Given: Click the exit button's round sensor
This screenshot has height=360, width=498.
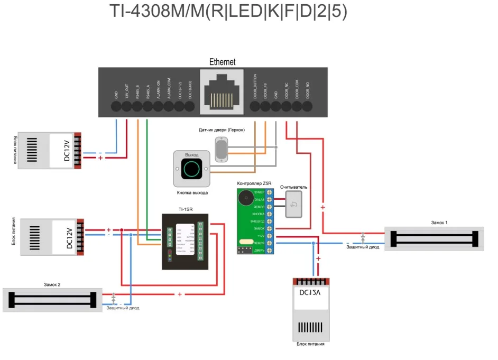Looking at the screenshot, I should pos(191,169).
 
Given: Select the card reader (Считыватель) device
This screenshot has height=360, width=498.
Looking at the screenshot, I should pos(294,204).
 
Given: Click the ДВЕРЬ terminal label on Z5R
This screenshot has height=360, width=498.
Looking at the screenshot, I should pos(259,250).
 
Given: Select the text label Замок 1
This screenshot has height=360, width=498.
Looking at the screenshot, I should pos(439,223).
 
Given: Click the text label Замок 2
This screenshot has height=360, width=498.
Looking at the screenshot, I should pos(52,284).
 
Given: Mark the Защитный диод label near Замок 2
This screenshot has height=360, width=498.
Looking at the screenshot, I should pos(123,308).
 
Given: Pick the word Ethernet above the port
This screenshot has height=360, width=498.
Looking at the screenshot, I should pos(222,62).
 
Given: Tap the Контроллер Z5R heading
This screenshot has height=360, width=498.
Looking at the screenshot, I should pos(254,183).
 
